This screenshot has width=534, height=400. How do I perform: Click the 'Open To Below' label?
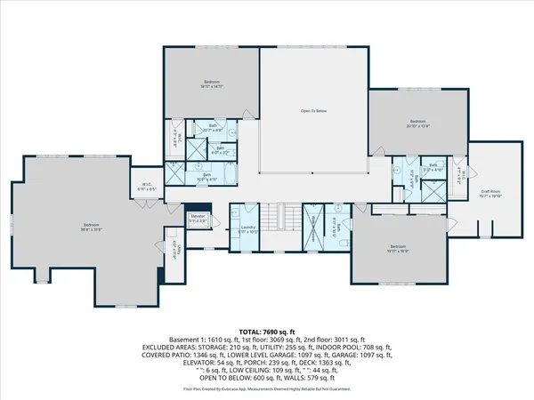tap(312, 111)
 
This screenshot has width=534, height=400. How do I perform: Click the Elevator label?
tap(198, 217)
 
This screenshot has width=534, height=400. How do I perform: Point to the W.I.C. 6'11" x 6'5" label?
tap(148, 188)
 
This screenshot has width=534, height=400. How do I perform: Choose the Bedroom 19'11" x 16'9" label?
tap(397, 248)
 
